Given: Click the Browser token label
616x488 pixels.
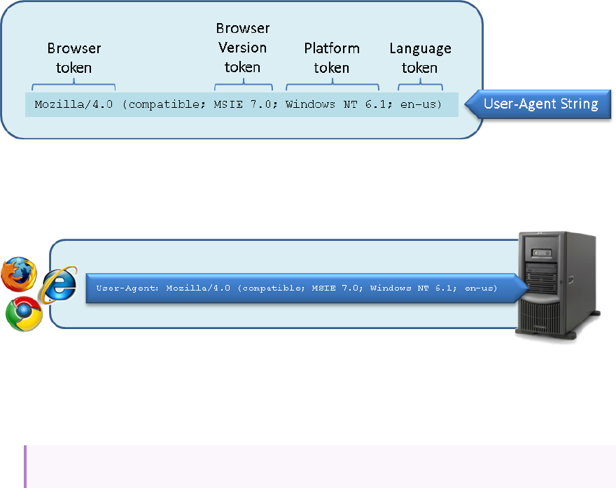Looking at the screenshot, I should click(x=74, y=58).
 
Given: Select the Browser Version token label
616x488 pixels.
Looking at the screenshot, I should click(x=242, y=48).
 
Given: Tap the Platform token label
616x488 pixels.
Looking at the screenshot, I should click(x=332, y=58).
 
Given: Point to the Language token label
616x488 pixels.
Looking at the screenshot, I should click(x=420, y=58).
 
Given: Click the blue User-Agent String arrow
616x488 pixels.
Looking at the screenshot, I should click(x=540, y=104).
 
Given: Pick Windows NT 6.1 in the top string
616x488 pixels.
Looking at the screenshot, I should click(x=332, y=106).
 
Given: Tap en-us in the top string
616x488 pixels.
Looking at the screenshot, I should click(x=418, y=106).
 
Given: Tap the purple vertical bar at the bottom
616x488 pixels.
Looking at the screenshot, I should click(x=24, y=466).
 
